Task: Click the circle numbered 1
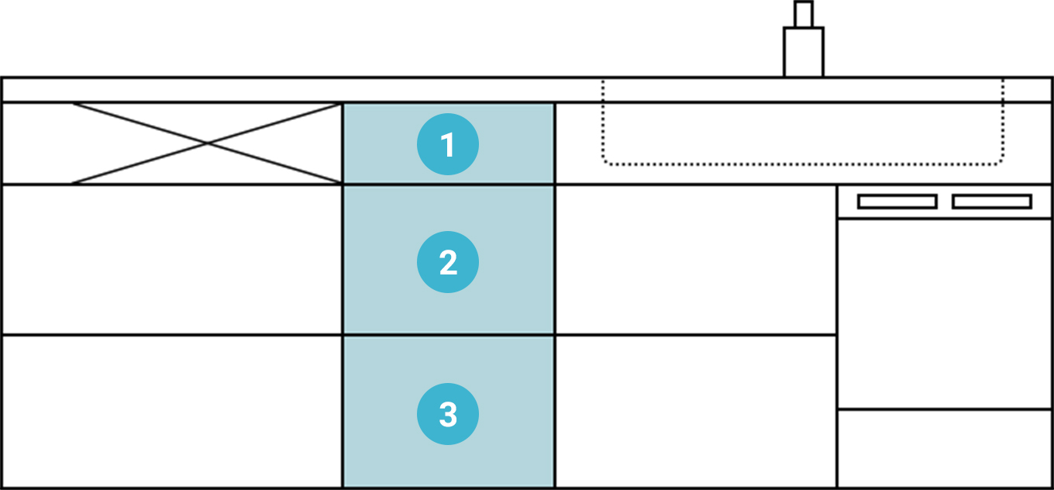(448, 145)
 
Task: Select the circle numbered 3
(448, 414)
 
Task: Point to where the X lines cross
(207, 143)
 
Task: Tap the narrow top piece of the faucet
(804, 14)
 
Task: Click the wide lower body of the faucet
(804, 52)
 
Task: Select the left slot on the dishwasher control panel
(897, 202)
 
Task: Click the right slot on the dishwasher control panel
(991, 202)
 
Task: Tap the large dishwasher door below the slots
(945, 313)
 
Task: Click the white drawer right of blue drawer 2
(696, 260)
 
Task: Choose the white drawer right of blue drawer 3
(696, 412)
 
